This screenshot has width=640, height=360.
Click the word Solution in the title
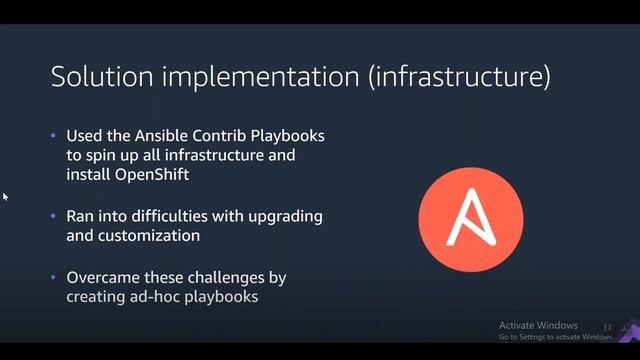tap(95, 77)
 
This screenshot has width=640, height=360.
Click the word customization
tap(148, 236)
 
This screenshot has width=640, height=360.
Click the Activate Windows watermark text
tap(538, 326)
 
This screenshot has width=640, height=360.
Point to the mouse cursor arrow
tap(5, 197)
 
